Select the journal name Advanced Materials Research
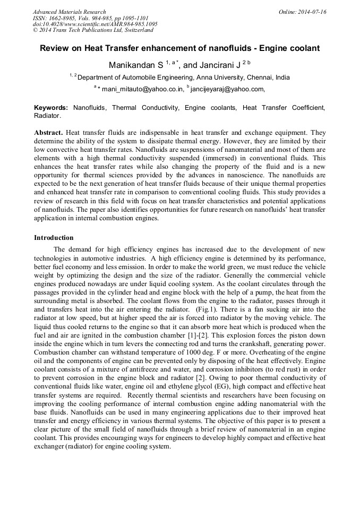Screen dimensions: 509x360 pyautogui.click(x=69, y=12)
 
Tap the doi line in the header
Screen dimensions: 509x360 pyautogui.click(x=95, y=24)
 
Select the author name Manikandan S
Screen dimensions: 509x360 pyautogui.click(x=136, y=65)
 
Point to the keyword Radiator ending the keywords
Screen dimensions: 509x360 pyautogui.click(x=47, y=115)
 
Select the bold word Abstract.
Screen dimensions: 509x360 pyautogui.click(x=48, y=132)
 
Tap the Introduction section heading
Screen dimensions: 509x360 pyautogui.click(x=54, y=237)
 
